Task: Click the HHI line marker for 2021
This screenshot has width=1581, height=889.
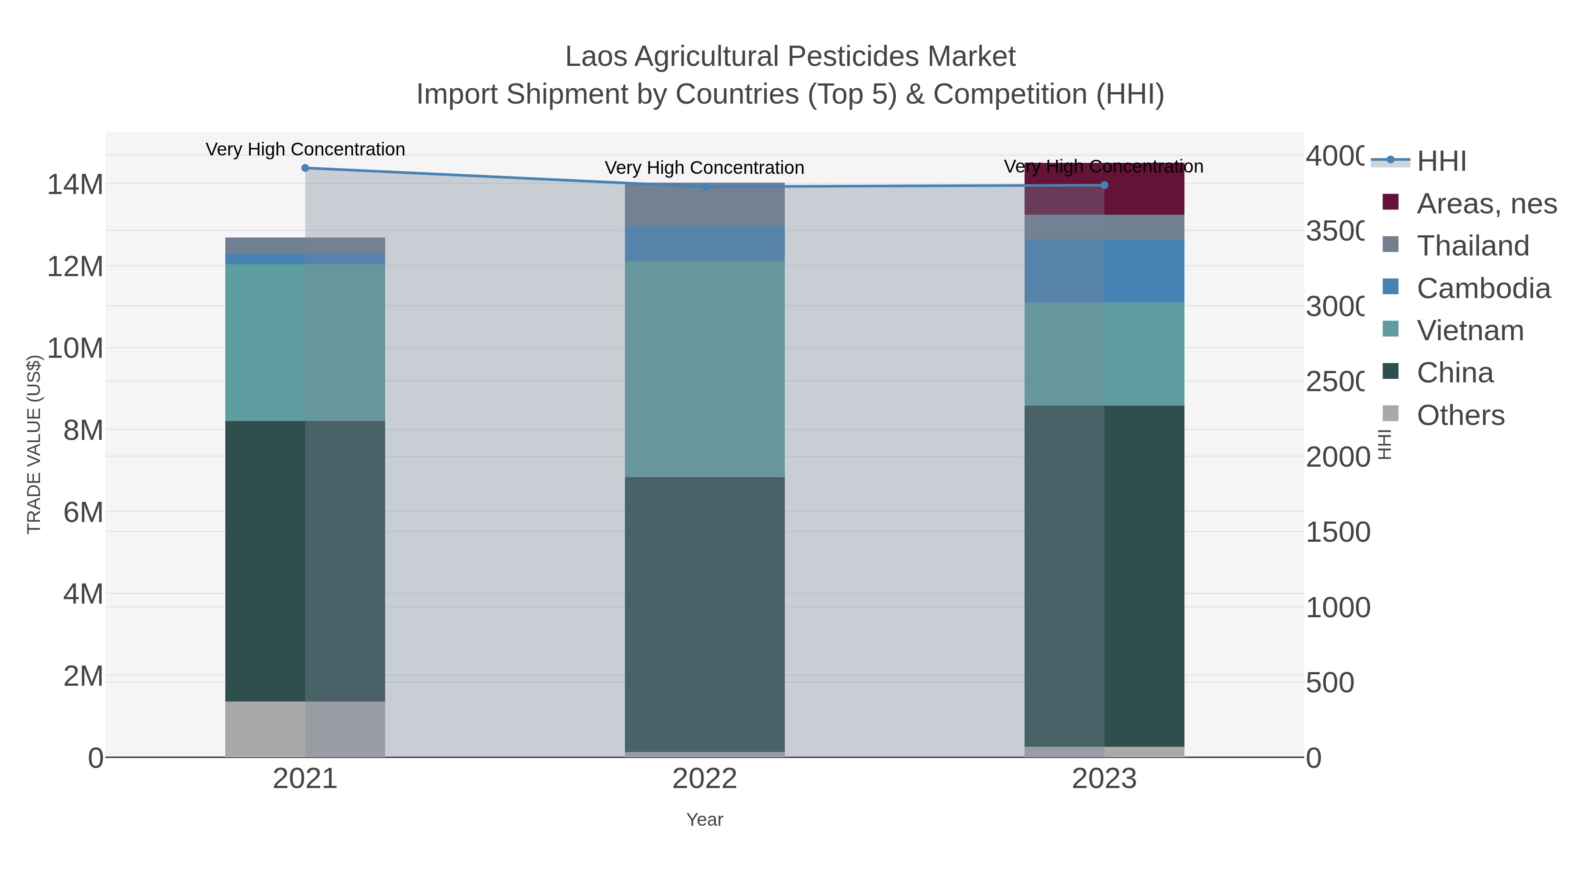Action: [x=305, y=168]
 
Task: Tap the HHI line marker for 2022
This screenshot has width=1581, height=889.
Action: [x=704, y=187]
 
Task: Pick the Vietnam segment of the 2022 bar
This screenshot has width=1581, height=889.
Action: [x=704, y=369]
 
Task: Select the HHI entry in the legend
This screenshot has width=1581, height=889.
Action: [x=1441, y=161]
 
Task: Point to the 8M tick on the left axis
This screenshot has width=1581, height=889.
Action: [x=83, y=430]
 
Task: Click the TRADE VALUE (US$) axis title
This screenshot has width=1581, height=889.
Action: [x=34, y=444]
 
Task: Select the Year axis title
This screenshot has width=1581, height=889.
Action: [x=704, y=820]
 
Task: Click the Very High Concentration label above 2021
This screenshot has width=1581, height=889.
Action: [x=305, y=149]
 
